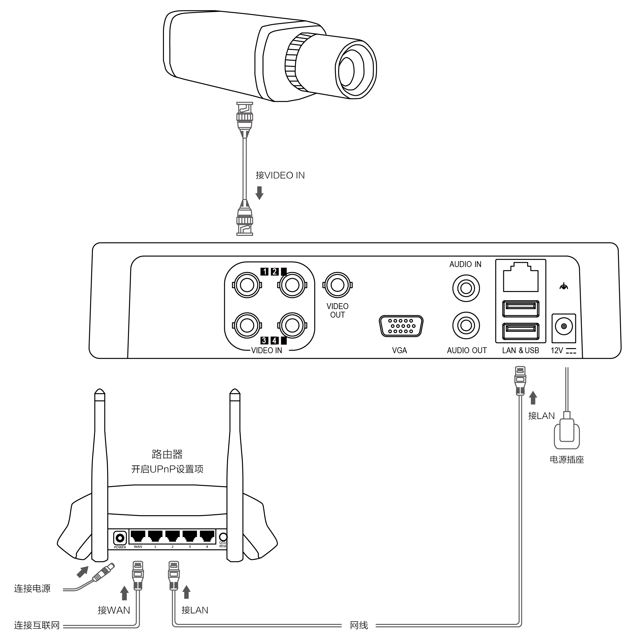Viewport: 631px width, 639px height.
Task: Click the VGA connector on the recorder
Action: (x=401, y=326)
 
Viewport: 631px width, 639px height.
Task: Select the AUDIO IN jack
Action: (x=466, y=288)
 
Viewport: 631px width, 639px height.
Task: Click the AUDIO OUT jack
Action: (x=466, y=326)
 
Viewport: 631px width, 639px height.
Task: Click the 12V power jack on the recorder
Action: (x=564, y=326)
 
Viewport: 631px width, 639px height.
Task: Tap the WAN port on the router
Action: (x=138, y=535)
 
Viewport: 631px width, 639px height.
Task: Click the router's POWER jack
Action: (x=120, y=538)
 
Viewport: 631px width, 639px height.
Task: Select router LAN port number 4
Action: (x=207, y=535)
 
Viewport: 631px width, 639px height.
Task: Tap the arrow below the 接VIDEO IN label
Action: (x=260, y=193)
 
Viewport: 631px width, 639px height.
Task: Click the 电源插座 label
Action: (x=567, y=460)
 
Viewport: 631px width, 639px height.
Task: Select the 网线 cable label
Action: (x=359, y=625)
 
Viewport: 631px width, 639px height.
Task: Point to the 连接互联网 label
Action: (x=37, y=625)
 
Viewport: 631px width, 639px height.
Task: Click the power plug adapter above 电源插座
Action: (x=567, y=433)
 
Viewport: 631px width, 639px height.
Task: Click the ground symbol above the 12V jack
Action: (x=564, y=286)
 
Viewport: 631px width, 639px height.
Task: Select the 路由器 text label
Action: (x=167, y=454)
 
